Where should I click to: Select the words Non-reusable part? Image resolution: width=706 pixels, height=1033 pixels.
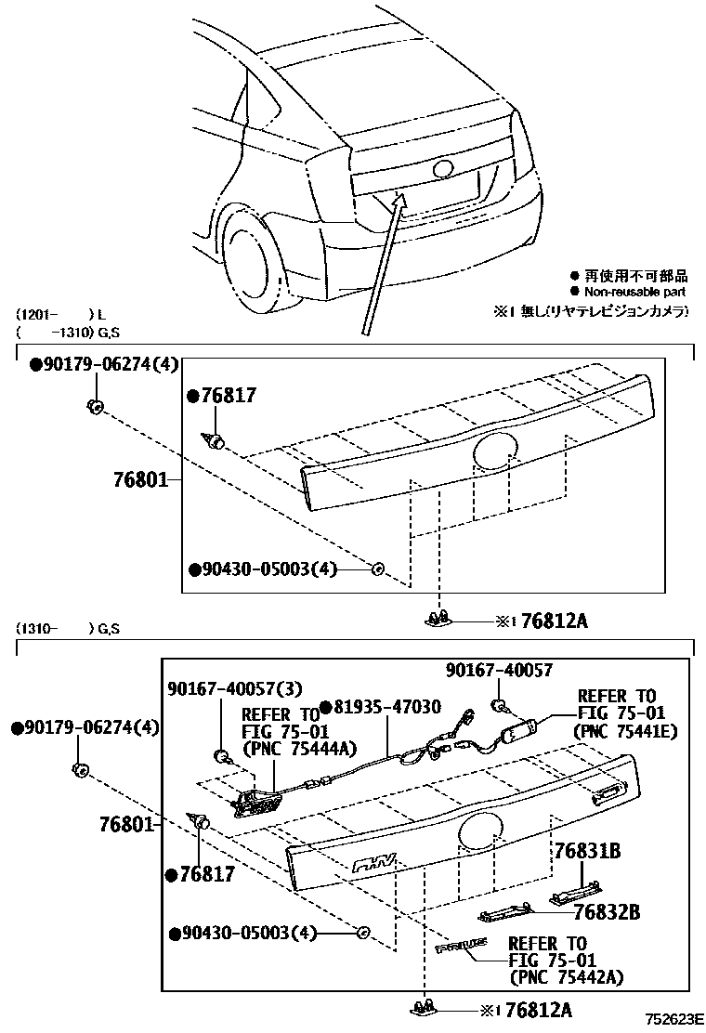point(636,292)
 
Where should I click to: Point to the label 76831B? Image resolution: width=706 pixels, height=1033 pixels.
point(588,852)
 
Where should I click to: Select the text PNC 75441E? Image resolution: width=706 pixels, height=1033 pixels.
point(627,732)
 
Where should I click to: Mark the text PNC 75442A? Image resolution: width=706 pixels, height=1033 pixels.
point(566,976)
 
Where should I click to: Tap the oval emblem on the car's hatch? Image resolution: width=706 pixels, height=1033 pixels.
point(442,170)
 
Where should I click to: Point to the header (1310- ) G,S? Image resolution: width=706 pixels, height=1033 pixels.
point(67,630)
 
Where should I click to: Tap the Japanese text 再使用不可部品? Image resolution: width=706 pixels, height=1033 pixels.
point(636,276)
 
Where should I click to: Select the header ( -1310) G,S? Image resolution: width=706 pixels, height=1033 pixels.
point(67,331)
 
